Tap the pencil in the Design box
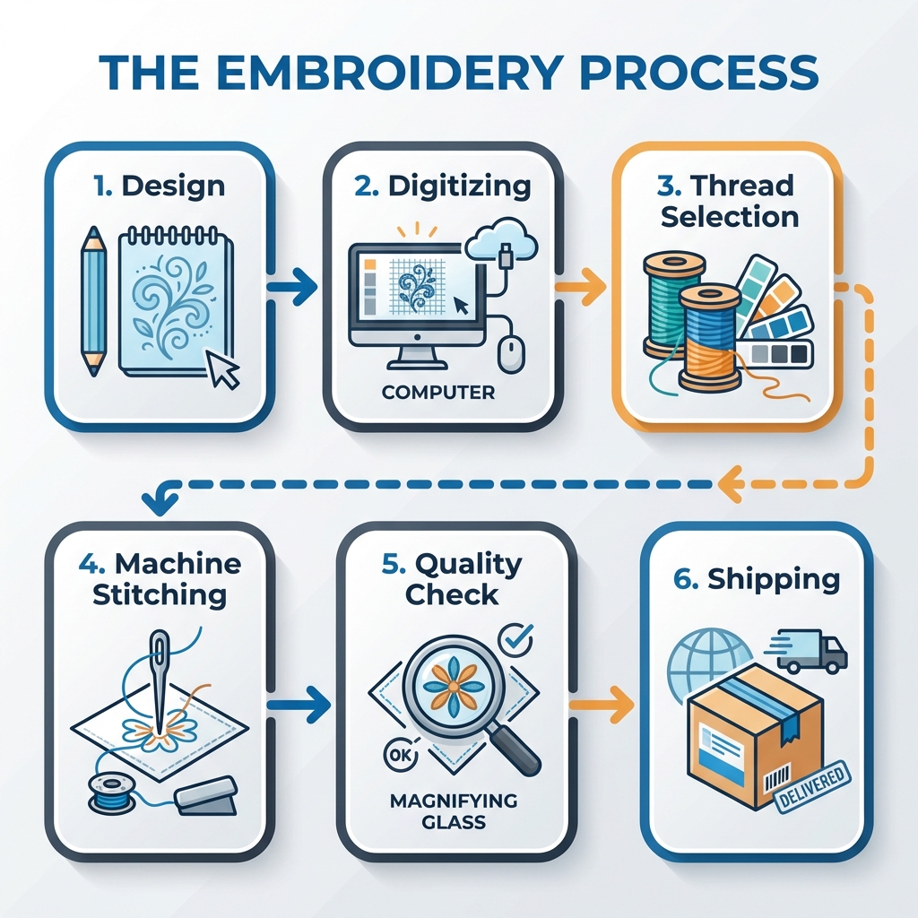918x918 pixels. pyautogui.click(x=92, y=299)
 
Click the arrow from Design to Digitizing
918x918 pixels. pyautogui.click(x=293, y=288)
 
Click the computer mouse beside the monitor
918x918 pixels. pyautogui.click(x=510, y=354)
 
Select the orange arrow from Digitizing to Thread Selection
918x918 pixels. pyautogui.click(x=583, y=288)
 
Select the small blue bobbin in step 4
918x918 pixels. pyautogui.click(x=106, y=790)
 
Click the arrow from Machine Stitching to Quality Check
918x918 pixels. pyautogui.click(x=306, y=705)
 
